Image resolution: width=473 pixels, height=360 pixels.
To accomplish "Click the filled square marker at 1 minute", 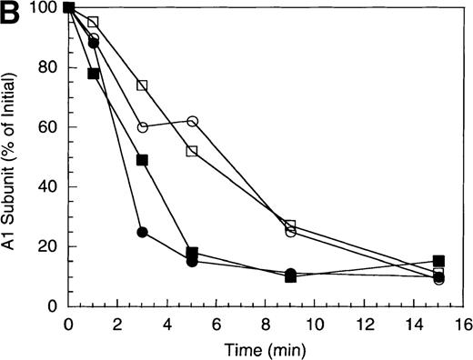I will (x=93, y=74).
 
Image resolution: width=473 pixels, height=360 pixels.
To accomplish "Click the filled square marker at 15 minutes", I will (x=438, y=261).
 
